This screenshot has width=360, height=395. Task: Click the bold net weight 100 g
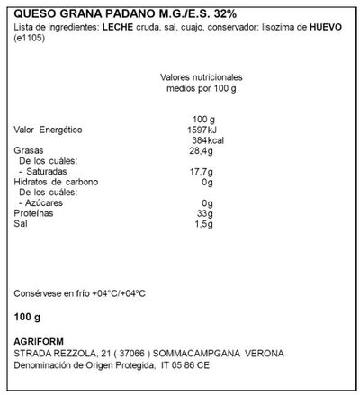(x=30, y=319)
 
